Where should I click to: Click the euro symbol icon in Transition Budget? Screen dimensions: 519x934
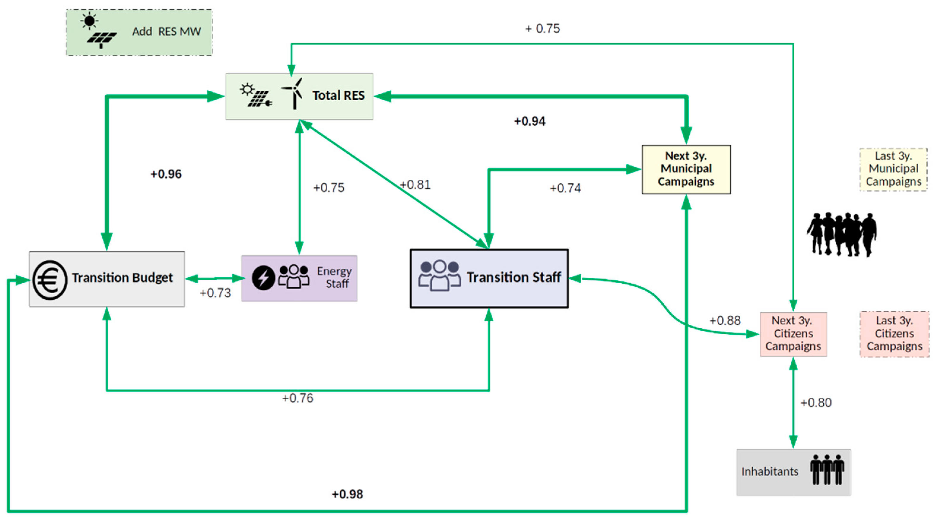pos(50,280)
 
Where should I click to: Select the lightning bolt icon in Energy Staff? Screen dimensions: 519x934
pos(263,278)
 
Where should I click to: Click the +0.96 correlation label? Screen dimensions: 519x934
pos(166,174)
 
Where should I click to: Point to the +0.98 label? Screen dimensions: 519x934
pos(347,494)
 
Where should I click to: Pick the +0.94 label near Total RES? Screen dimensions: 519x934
pos(530,121)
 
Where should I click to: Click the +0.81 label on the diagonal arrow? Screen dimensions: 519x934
pos(415,185)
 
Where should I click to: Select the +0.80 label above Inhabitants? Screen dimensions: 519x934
pos(816,403)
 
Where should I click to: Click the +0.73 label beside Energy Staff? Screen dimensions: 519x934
pos(215,293)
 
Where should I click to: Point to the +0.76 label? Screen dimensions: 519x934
pos(298,398)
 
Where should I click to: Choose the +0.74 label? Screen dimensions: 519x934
pos(565,188)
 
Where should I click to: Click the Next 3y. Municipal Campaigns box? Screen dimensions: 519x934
pos(686,169)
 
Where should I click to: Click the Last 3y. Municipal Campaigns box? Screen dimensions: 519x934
pos(893,169)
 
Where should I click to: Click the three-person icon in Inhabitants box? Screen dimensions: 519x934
pos(827,470)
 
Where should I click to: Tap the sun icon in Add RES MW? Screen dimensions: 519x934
pos(89,21)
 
